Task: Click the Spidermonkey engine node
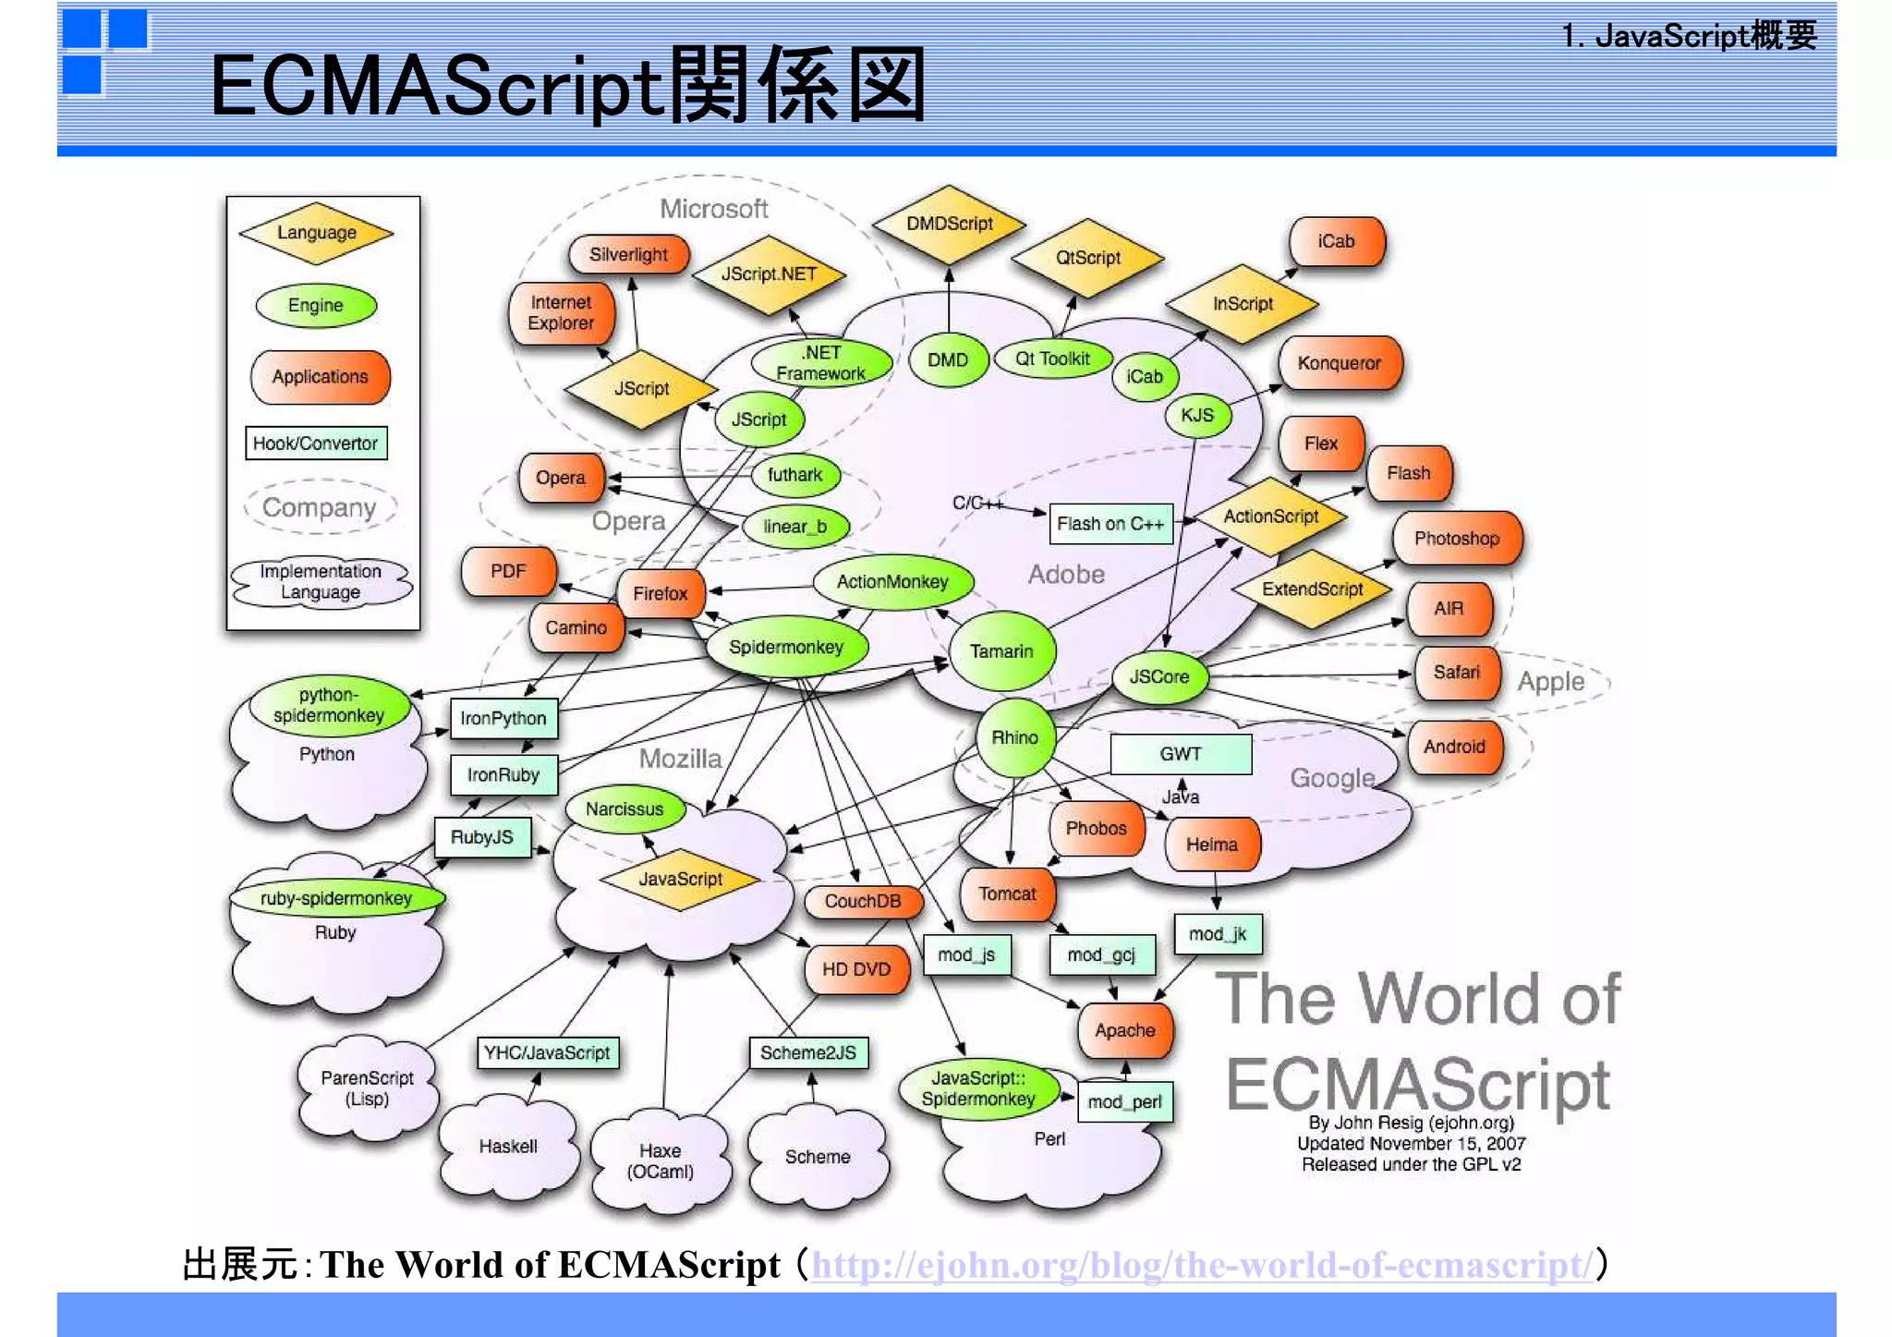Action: (x=786, y=647)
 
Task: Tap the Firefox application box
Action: (x=661, y=593)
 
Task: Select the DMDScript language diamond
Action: (x=949, y=224)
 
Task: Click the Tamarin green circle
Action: (x=1001, y=651)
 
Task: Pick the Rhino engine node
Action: (x=1014, y=737)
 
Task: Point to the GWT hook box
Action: (x=1180, y=754)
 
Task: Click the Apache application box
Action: (x=1124, y=1030)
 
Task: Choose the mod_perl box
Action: (x=1124, y=1101)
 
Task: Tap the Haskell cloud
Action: (x=507, y=1147)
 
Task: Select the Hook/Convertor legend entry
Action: (x=315, y=444)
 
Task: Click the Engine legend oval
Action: (x=315, y=306)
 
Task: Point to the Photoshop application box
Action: (x=1456, y=539)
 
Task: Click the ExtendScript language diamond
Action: (x=1312, y=589)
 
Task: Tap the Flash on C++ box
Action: (x=1110, y=524)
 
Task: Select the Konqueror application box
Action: (x=1339, y=363)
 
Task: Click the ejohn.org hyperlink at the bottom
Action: (x=1201, y=1264)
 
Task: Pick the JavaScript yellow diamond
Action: (x=680, y=879)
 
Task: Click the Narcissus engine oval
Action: (x=625, y=809)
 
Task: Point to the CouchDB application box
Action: (x=862, y=901)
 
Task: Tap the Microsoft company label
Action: (x=713, y=209)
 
